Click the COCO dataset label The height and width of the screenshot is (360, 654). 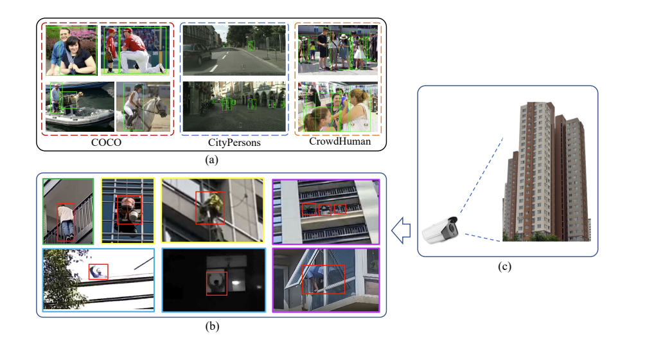click(107, 143)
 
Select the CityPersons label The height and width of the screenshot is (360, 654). click(234, 143)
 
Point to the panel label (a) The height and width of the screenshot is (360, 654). click(211, 160)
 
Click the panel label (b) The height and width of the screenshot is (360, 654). click(211, 326)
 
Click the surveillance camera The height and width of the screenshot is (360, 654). click(442, 231)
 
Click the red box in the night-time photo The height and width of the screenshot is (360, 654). click(217, 283)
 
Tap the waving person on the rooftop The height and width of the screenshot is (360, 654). click(98, 272)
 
